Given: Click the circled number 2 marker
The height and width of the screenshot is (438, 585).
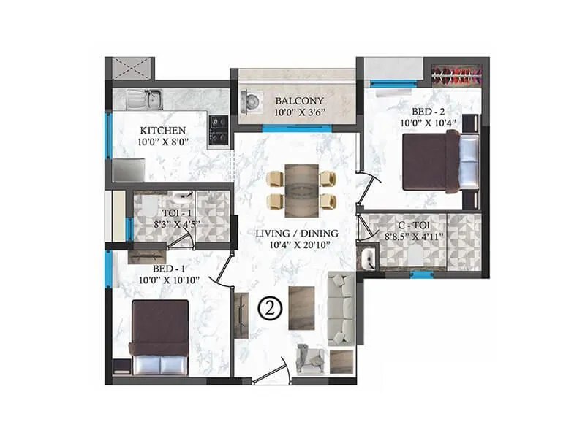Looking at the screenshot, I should point(271,309).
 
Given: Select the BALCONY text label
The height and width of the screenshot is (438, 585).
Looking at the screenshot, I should point(300,100).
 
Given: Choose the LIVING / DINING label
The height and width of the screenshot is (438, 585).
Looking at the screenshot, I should point(297,234).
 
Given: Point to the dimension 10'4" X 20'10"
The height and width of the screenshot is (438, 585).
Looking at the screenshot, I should point(297,246).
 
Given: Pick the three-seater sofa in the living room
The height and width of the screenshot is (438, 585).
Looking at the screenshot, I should point(340,308).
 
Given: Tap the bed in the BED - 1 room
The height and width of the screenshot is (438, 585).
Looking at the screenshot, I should point(159,338).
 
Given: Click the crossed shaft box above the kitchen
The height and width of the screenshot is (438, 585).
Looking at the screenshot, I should point(129,69).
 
